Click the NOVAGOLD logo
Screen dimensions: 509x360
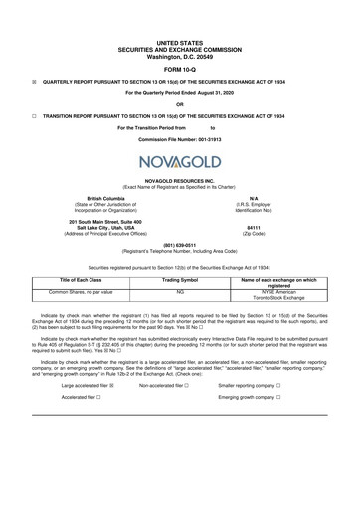click(179, 159)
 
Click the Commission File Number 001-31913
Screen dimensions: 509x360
click(205, 138)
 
